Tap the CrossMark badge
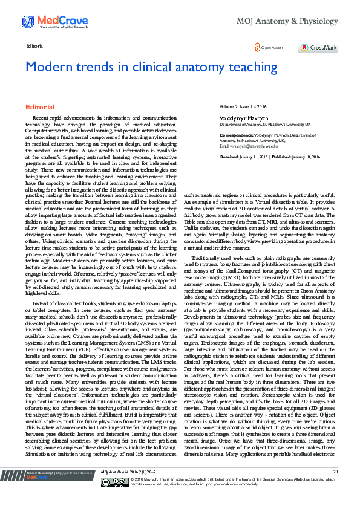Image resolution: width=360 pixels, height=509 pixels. (x=318, y=47)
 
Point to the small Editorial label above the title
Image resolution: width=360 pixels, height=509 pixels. (x=36, y=45)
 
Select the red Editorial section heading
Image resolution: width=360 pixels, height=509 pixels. (x=40, y=107)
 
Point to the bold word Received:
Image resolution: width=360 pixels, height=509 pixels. (x=229, y=156)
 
